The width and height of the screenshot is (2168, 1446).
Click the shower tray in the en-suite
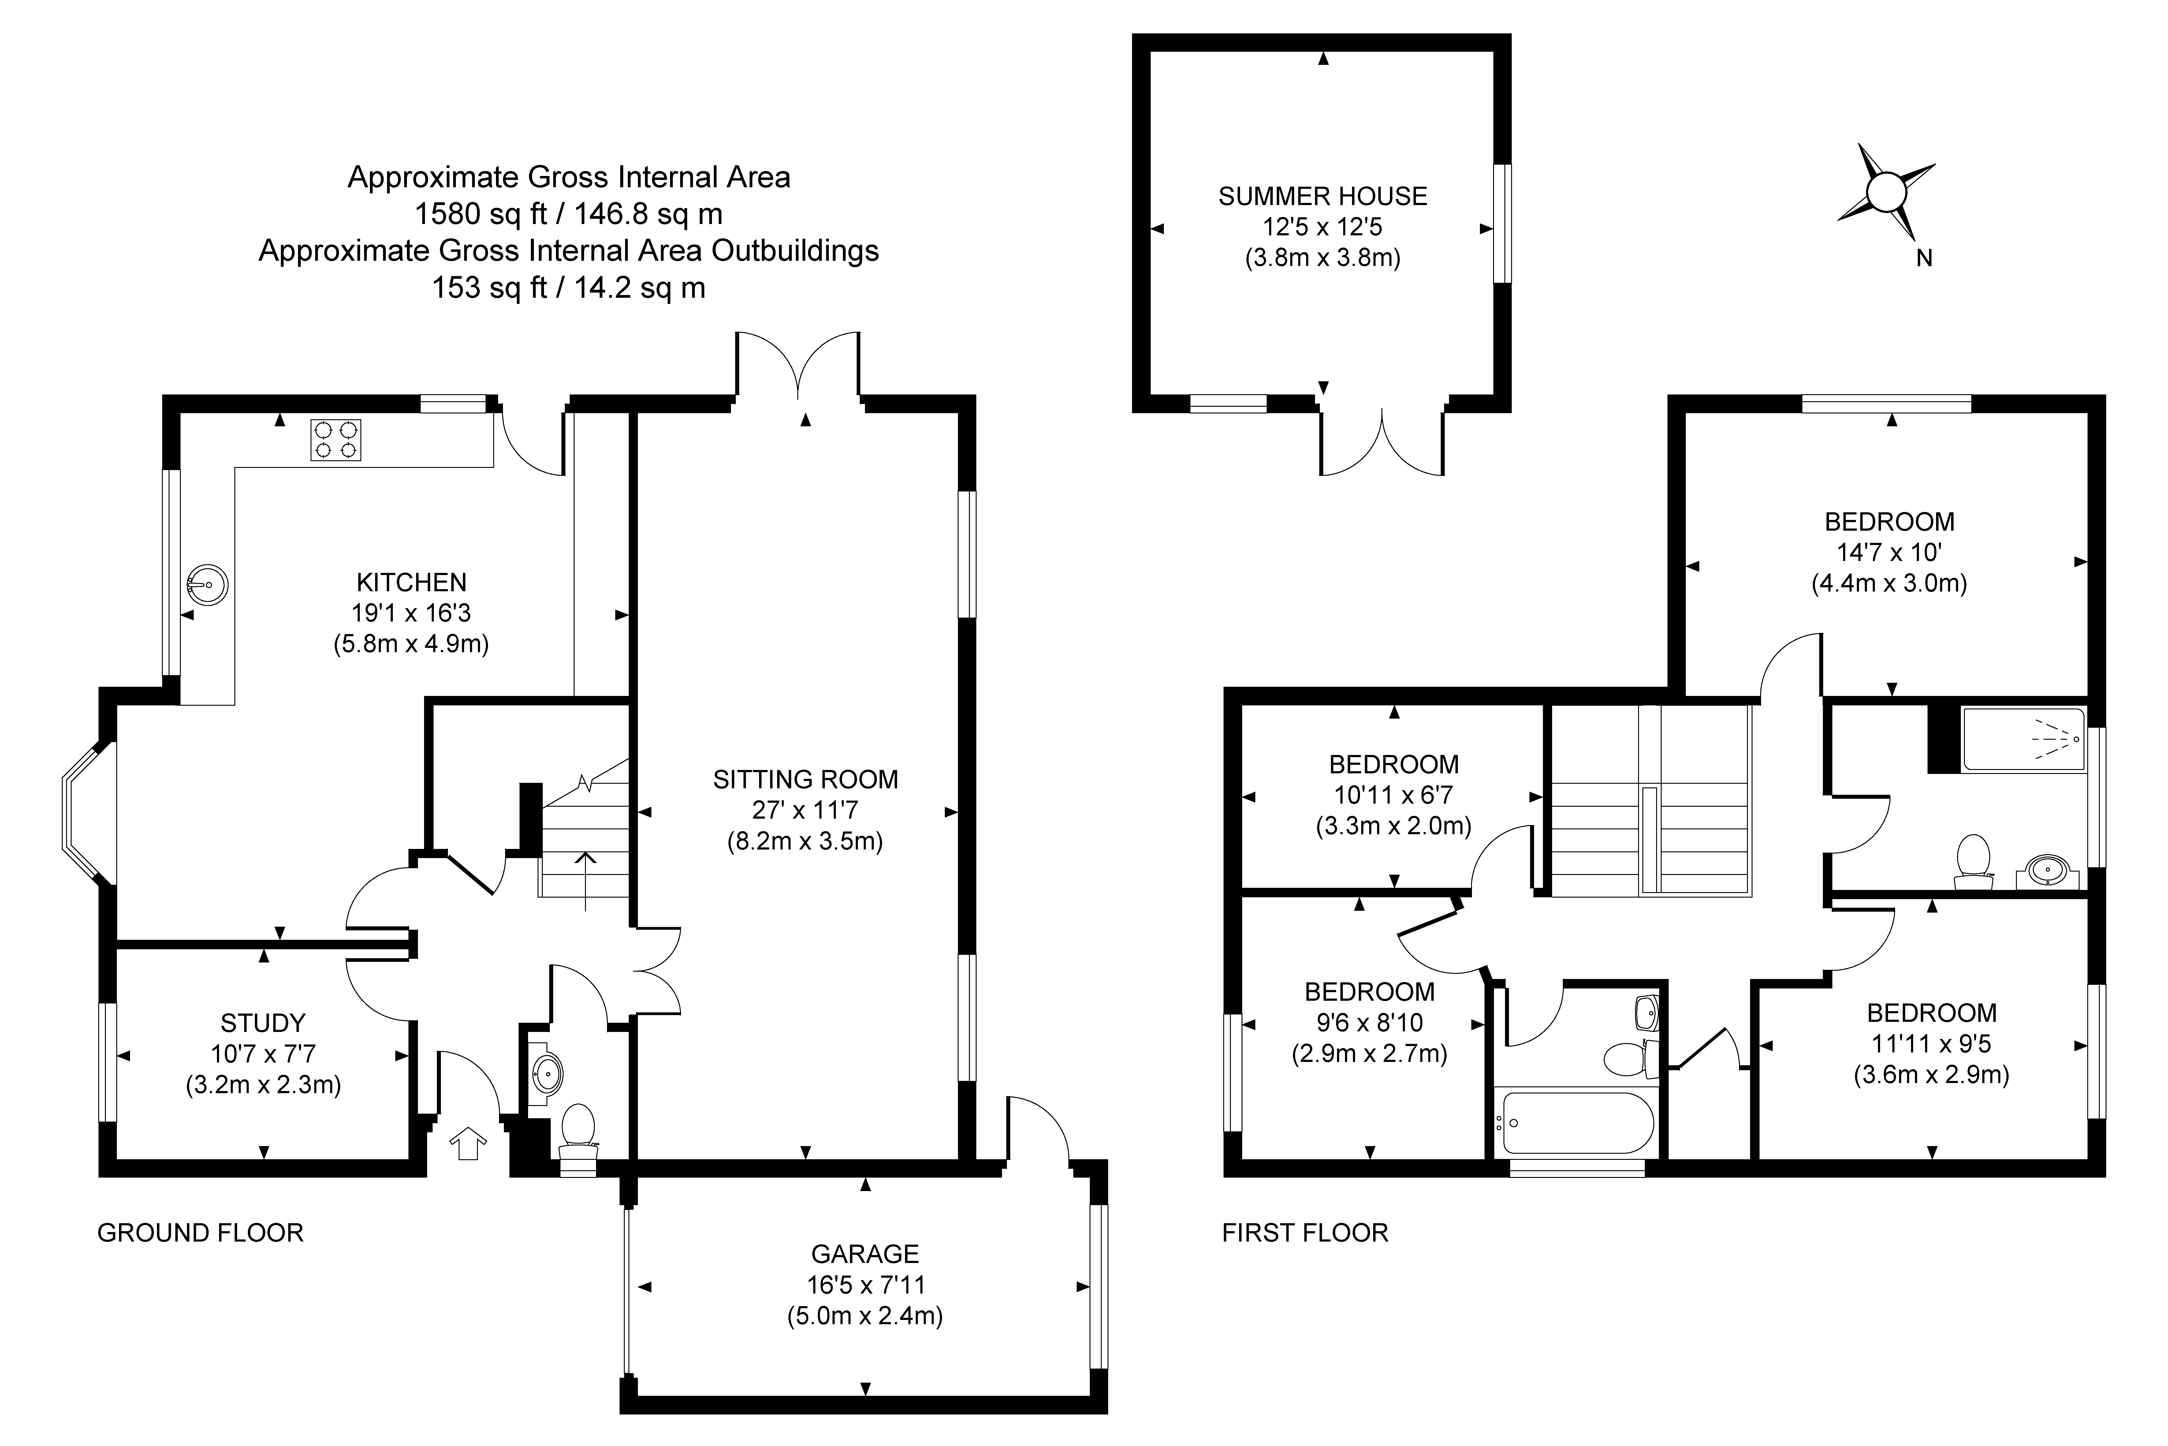tap(2023, 740)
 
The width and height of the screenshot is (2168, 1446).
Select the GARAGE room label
tap(865, 1254)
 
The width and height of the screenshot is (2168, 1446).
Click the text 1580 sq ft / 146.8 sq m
tap(569, 214)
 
